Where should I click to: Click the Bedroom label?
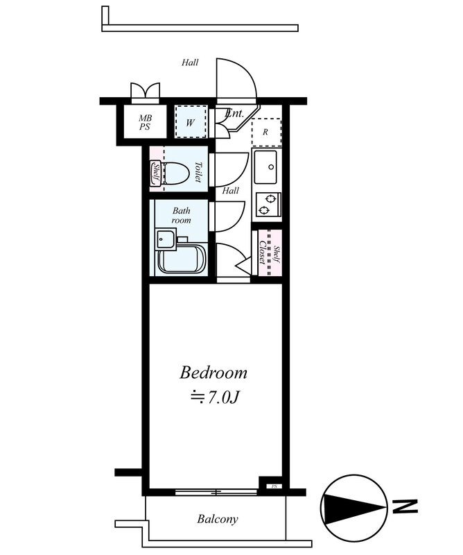pyautogui.click(x=213, y=373)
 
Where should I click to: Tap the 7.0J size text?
pyautogui.click(x=216, y=398)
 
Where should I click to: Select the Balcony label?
pyautogui.click(x=218, y=519)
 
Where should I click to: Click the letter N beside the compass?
pyautogui.click(x=405, y=506)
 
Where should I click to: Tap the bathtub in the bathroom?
pyautogui.click(x=182, y=257)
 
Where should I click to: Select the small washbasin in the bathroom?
pyautogui.click(x=166, y=239)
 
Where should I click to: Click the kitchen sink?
pyautogui.click(x=265, y=167)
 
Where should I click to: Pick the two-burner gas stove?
pyautogui.click(x=268, y=205)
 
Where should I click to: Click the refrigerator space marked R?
pyautogui.click(x=267, y=133)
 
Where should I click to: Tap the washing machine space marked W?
pyautogui.click(x=191, y=123)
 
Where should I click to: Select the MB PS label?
pyautogui.click(x=145, y=122)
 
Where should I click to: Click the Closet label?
pyautogui.click(x=263, y=253)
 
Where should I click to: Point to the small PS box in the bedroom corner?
pyautogui.click(x=274, y=486)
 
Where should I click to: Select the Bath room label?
pyautogui.click(x=182, y=216)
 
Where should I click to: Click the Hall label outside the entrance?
pyautogui.click(x=190, y=62)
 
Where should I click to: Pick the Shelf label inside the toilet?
pyautogui.click(x=157, y=173)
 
